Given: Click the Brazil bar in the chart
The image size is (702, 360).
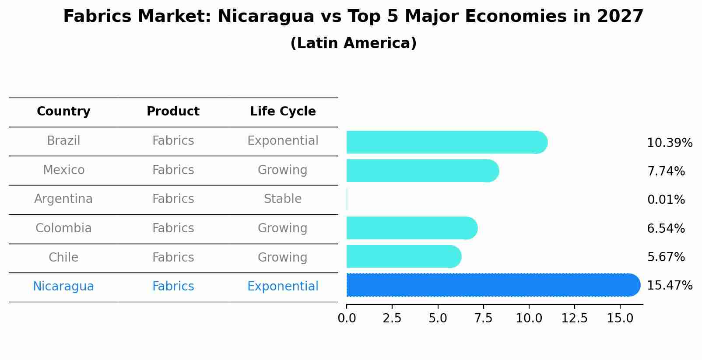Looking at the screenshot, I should pyautogui.click(x=446, y=142).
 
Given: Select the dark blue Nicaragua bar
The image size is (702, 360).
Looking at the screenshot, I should pyautogui.click(x=492, y=285).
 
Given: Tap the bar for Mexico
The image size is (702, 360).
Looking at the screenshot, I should pyautogui.click(x=422, y=171).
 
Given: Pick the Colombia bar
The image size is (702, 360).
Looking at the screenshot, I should pyautogui.click(x=411, y=228).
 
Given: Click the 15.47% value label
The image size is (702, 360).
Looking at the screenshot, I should pyautogui.click(x=670, y=286).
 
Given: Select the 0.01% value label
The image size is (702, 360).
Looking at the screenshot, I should pyautogui.click(x=666, y=200).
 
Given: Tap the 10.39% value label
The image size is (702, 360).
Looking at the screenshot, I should pyautogui.click(x=670, y=143).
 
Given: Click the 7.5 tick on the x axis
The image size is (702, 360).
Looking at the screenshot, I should pyautogui.click(x=483, y=318).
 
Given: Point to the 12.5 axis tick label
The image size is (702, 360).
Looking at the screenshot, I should pyautogui.click(x=574, y=318).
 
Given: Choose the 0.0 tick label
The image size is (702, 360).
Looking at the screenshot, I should pyautogui.click(x=347, y=318).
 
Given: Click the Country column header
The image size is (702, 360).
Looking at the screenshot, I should pyautogui.click(x=63, y=112).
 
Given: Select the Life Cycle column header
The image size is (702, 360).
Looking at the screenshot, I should pyautogui.click(x=283, y=112).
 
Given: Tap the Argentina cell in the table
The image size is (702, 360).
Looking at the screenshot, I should pyautogui.click(x=63, y=199).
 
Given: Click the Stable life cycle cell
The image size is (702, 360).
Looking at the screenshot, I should pyautogui.click(x=283, y=199).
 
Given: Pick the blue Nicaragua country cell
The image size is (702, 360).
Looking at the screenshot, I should pyautogui.click(x=63, y=287).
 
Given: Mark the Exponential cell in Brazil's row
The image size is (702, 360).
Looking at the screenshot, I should pyautogui.click(x=283, y=141).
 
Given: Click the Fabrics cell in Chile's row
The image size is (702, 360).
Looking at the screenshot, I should pyautogui.click(x=173, y=257).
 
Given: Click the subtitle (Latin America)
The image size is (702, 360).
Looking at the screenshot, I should pyautogui.click(x=353, y=43).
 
